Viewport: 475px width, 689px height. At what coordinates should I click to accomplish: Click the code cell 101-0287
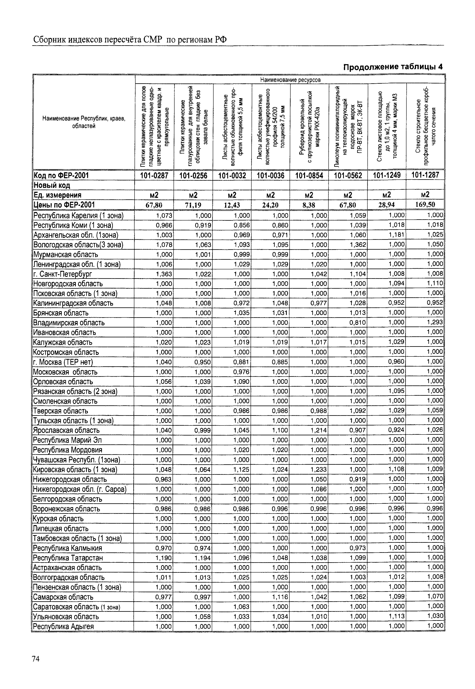(x=154, y=176)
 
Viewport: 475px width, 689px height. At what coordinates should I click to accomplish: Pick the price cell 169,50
(x=425, y=205)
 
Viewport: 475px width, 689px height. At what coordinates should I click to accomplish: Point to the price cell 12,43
(x=232, y=205)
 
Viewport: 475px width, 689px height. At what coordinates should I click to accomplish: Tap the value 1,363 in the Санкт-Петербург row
(x=164, y=274)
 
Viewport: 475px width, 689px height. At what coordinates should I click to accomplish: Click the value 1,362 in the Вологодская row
(x=358, y=245)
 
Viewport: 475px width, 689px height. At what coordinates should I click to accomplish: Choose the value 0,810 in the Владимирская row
(x=358, y=322)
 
